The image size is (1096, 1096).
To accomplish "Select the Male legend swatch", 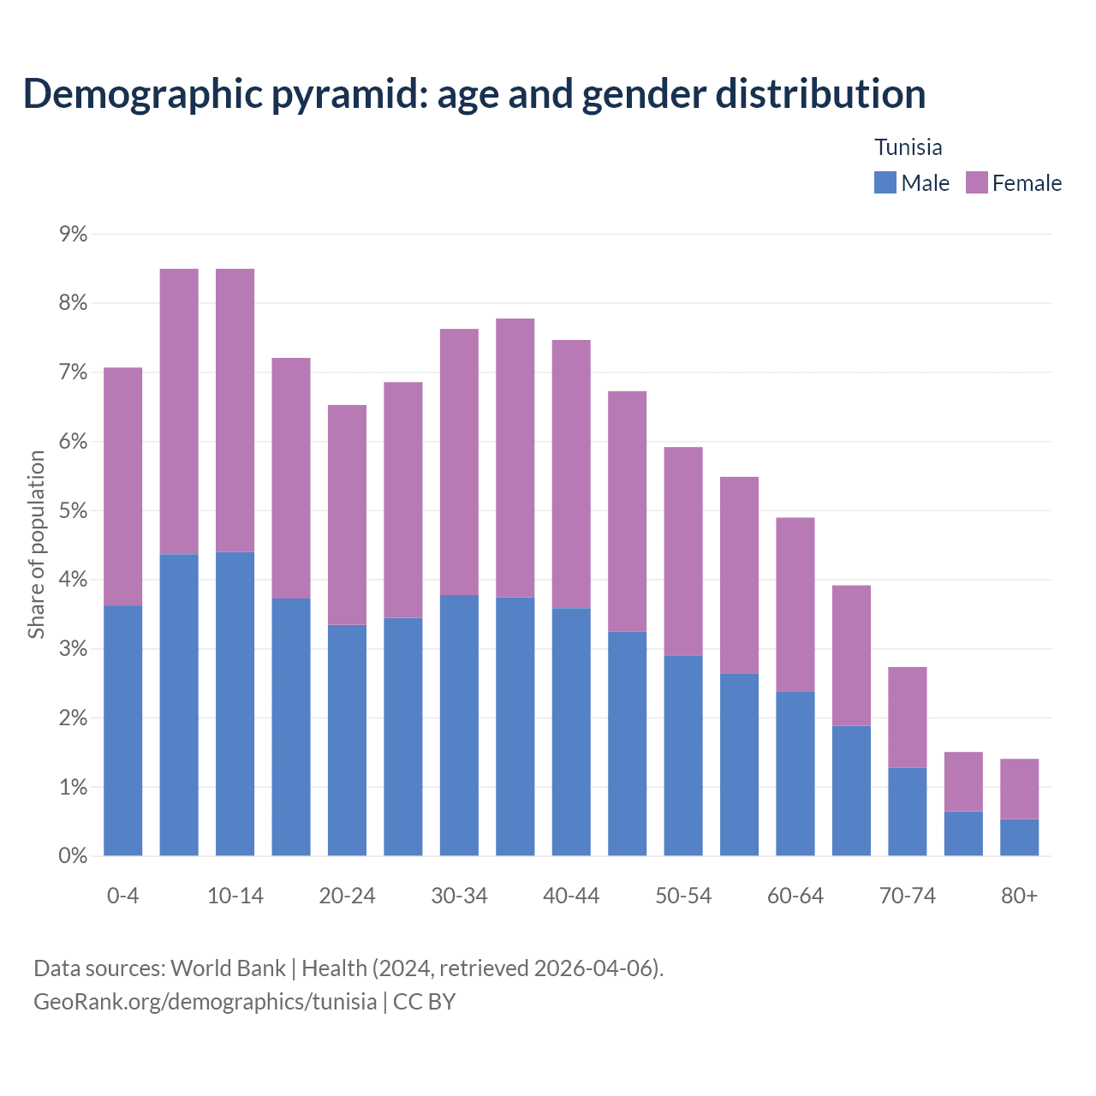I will tap(885, 182).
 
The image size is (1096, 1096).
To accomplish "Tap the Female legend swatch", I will tap(976, 182).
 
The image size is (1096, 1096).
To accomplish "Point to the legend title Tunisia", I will tap(908, 147).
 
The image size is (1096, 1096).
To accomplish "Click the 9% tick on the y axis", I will tap(74, 235).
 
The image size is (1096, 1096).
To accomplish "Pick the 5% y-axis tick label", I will tap(74, 511).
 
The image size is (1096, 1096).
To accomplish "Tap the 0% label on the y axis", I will tap(74, 856).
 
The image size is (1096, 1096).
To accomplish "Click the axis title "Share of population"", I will tap(36, 545).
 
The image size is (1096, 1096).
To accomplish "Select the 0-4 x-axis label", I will tap(122, 896).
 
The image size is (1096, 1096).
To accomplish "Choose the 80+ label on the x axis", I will tap(1019, 896).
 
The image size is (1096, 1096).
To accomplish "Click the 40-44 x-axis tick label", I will tap(571, 896).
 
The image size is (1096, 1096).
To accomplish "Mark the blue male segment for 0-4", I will tap(122, 730).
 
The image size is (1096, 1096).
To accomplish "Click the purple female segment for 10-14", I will tap(235, 410).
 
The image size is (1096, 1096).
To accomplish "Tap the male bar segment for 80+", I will tap(1019, 837).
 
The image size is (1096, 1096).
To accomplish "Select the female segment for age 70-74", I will tap(907, 718).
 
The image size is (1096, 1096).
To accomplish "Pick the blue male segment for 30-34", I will tap(459, 725).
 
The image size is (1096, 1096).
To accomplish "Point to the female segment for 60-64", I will tap(795, 605).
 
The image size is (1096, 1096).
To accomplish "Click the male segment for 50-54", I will tap(683, 755).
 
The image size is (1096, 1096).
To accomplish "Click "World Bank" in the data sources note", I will tap(228, 968).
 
